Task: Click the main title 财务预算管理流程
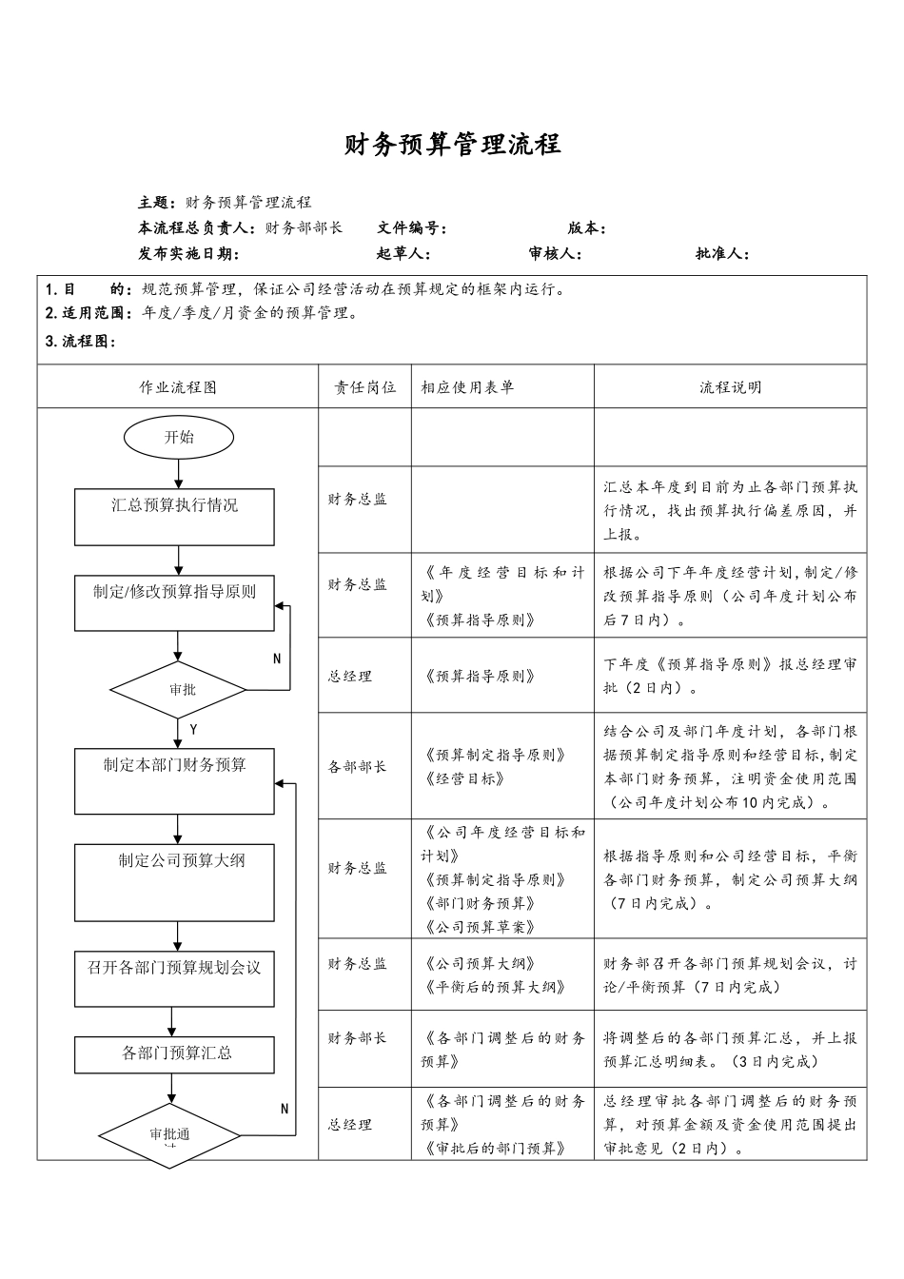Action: pyautogui.click(x=452, y=145)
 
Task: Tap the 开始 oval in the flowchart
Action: pyautogui.click(x=179, y=438)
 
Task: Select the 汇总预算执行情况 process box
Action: pyautogui.click(x=174, y=517)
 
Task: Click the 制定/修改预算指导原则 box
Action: pyautogui.click(x=174, y=602)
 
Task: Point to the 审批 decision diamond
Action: pyautogui.click(x=179, y=689)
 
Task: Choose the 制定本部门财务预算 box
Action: pyautogui.click(x=174, y=780)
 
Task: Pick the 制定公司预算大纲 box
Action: pyautogui.click(x=174, y=881)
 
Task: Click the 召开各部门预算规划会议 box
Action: pyautogui.click(x=174, y=978)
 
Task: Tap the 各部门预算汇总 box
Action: pyautogui.click(x=174, y=1054)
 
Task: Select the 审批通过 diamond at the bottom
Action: pyautogui.click(x=170, y=1134)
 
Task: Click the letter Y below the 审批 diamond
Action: pyautogui.click(x=193, y=730)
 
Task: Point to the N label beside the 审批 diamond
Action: pyautogui.click(x=277, y=659)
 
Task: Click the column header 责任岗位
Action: pyautogui.click(x=364, y=387)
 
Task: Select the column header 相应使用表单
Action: pyautogui.click(x=467, y=387)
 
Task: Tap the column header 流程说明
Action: pyautogui.click(x=730, y=387)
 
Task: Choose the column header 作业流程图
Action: pyautogui.click(x=178, y=387)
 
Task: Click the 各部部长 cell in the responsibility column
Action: pyautogui.click(x=358, y=766)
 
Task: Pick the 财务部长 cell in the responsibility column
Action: pyautogui.click(x=358, y=1038)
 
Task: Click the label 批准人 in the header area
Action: pyautogui.click(x=721, y=254)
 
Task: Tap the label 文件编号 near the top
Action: pyautogui.click(x=410, y=228)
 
